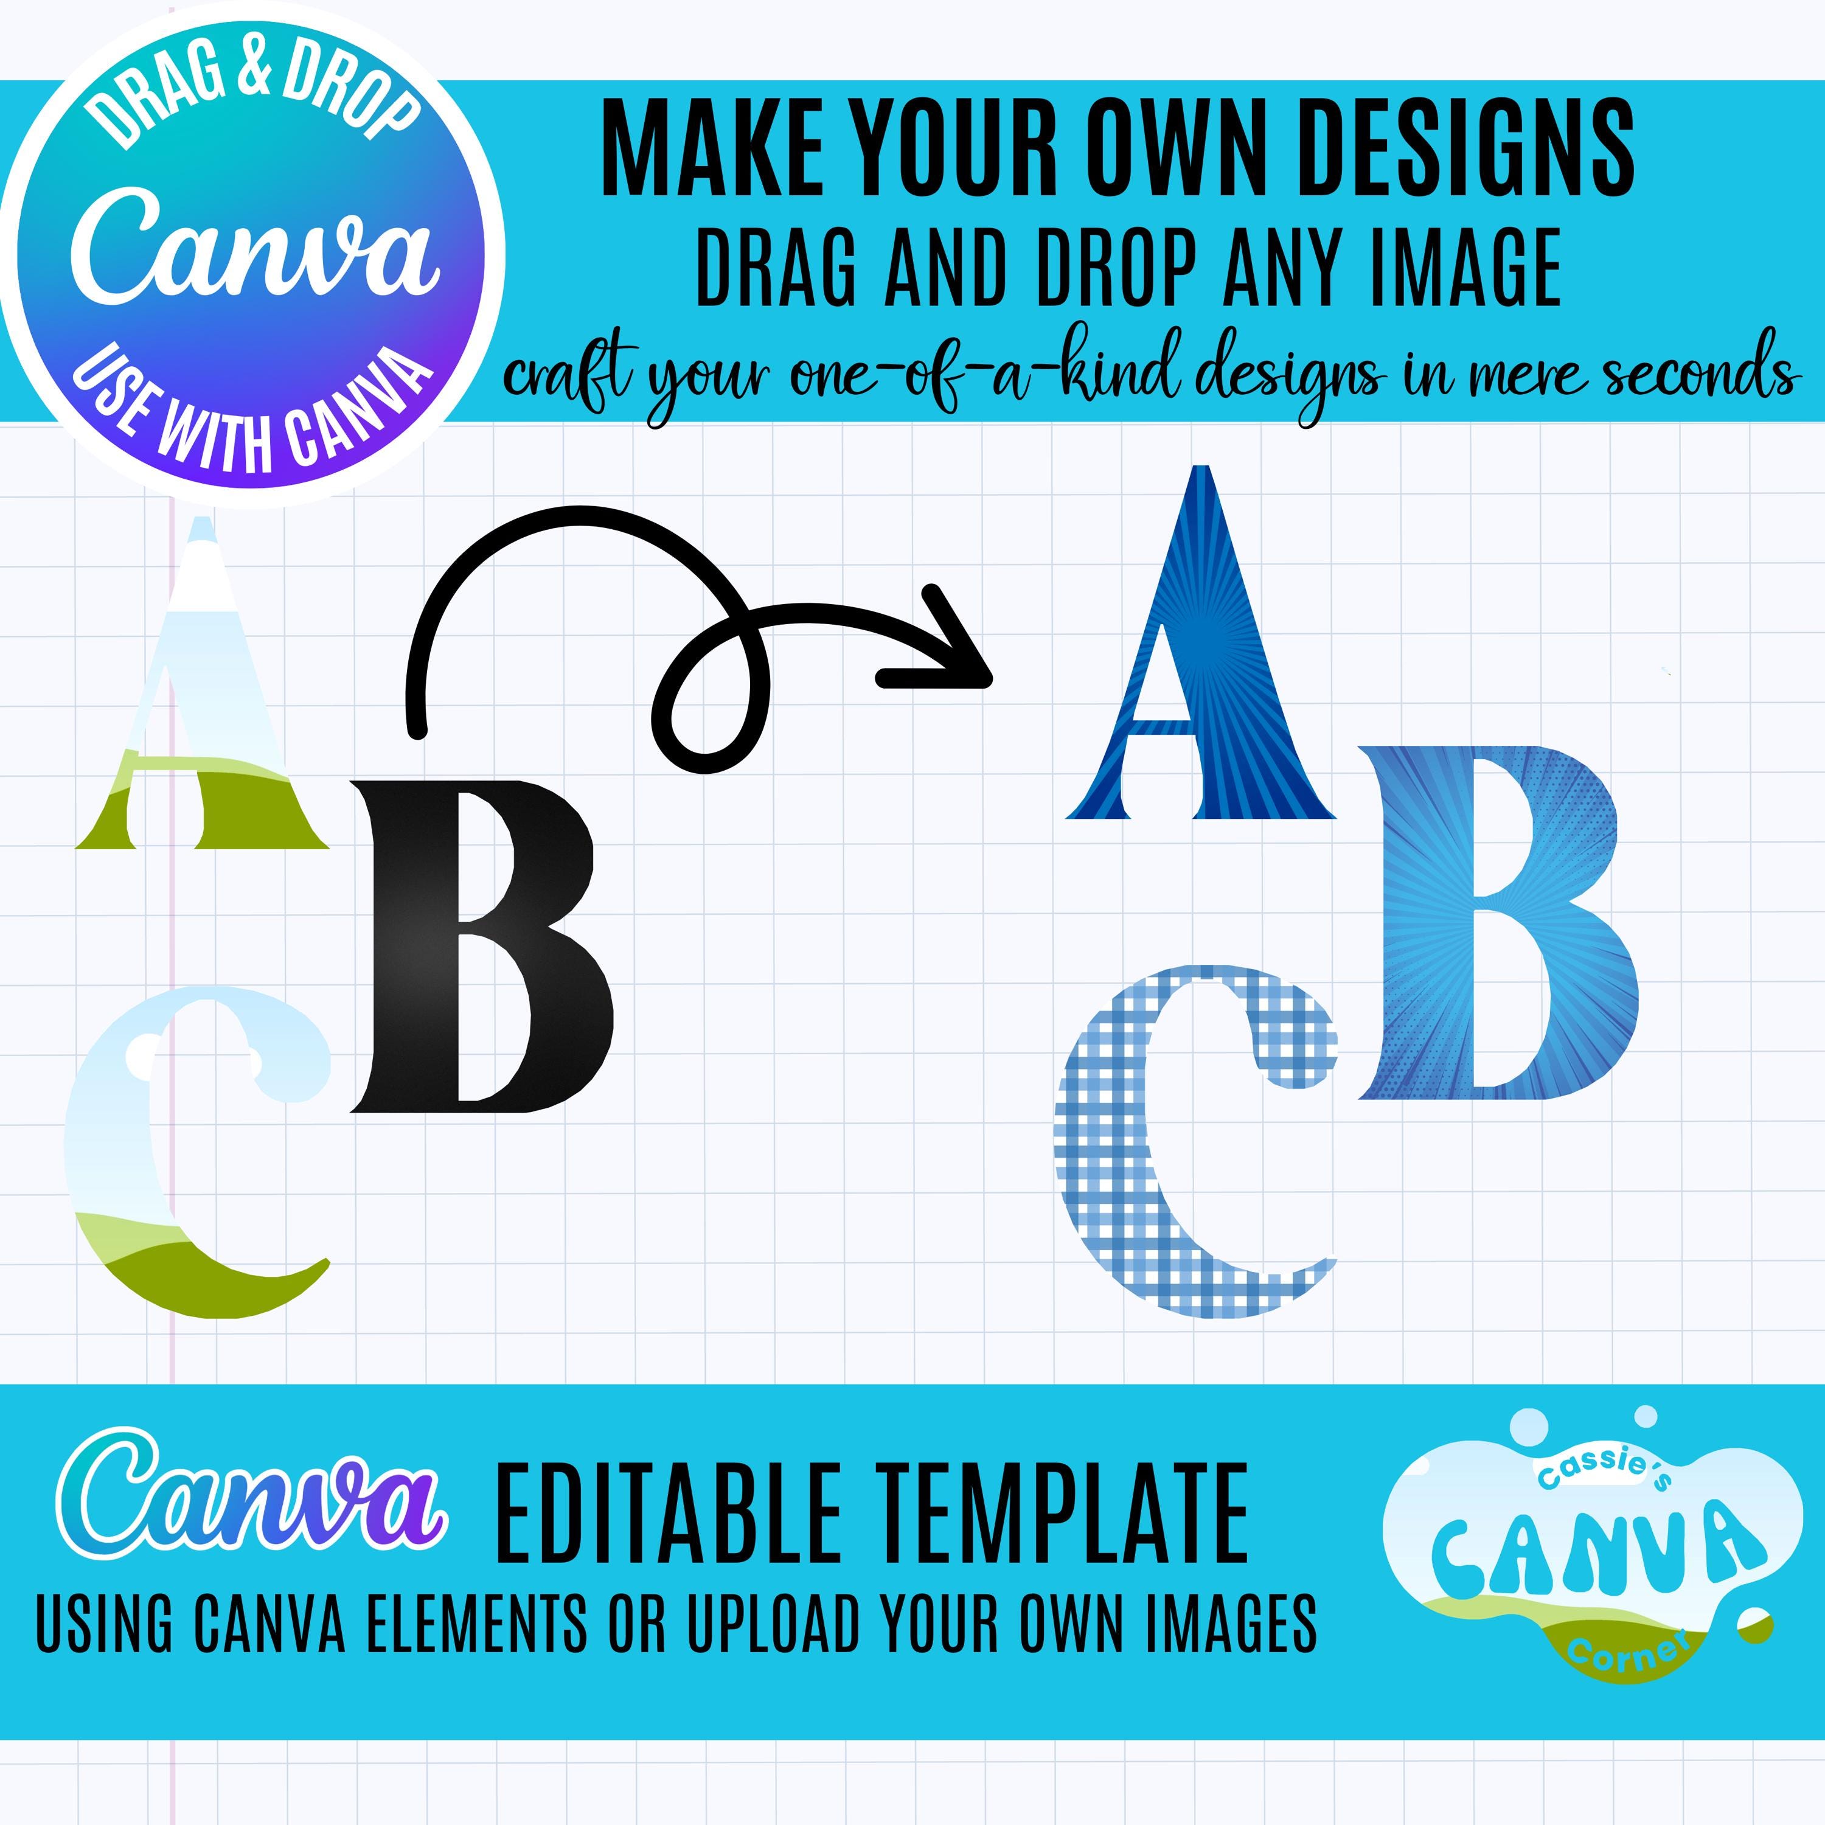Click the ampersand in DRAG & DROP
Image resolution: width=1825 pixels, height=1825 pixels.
tap(253, 73)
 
